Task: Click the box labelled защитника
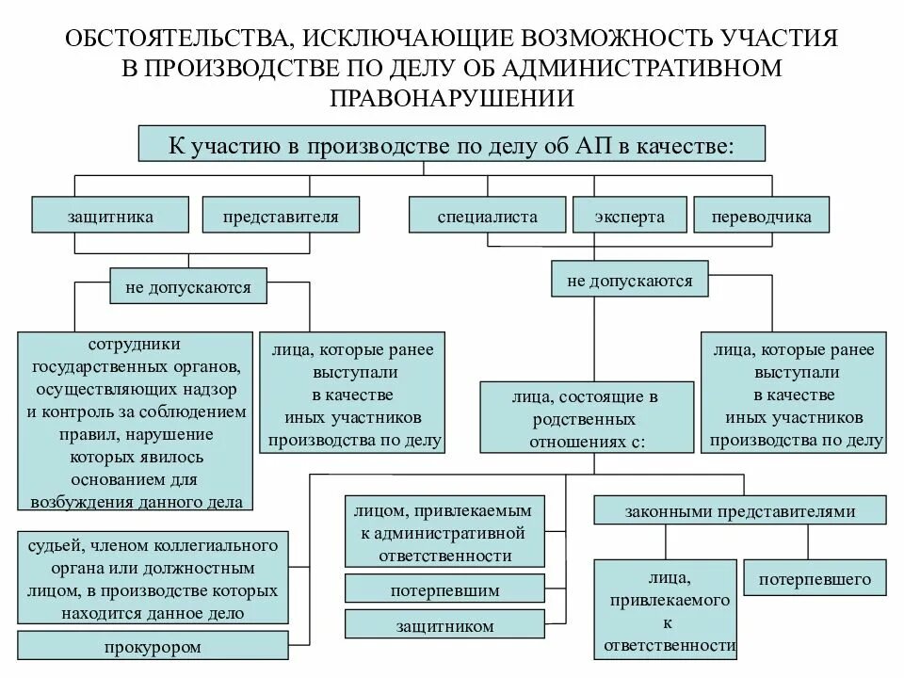[x=110, y=216]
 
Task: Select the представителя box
[x=280, y=216]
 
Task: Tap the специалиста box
[x=487, y=216]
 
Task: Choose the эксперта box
[x=629, y=216]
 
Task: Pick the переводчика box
[x=762, y=216]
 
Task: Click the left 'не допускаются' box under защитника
[x=188, y=286]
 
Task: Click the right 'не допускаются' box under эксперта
[x=629, y=281]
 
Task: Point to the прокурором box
[x=153, y=647]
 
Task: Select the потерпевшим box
[x=444, y=590]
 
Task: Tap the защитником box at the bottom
[x=444, y=624]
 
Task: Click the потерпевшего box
[x=815, y=579]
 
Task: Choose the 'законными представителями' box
[x=739, y=511]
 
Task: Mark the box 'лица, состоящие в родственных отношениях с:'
[x=587, y=416]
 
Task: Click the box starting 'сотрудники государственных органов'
[x=137, y=421]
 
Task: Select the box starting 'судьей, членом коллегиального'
[x=153, y=578]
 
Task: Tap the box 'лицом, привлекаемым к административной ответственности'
[x=444, y=532]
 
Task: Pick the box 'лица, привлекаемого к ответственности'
[x=666, y=609]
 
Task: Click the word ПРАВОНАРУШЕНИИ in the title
[x=451, y=97]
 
